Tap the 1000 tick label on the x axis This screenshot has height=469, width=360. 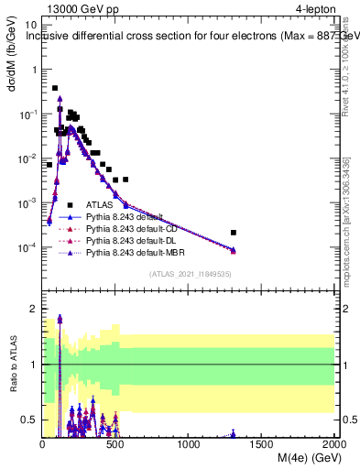[x=189, y=443]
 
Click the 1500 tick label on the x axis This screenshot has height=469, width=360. [x=262, y=443]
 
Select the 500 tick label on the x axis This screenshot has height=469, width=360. [x=115, y=443]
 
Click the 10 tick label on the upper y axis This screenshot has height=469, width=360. [x=30, y=26]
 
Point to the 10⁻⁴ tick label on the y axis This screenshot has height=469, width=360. [x=27, y=247]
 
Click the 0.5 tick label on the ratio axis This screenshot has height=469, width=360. [x=30, y=420]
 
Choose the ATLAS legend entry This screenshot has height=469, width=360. [x=99, y=205]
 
